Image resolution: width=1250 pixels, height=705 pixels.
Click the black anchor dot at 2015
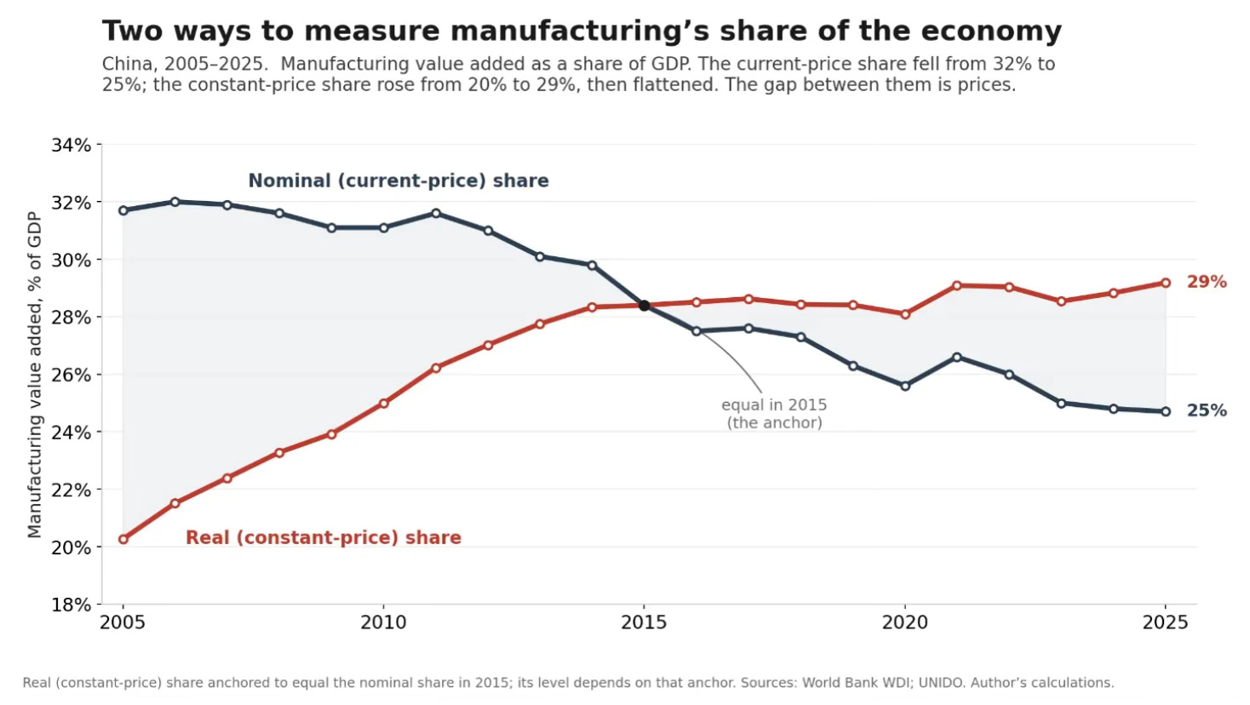click(644, 306)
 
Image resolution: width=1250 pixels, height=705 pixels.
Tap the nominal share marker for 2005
click(123, 210)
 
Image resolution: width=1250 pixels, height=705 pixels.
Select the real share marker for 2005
click(123, 539)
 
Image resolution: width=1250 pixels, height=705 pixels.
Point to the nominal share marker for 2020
click(905, 386)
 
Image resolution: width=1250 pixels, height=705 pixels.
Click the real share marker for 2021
click(957, 285)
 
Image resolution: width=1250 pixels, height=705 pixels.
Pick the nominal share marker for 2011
click(436, 213)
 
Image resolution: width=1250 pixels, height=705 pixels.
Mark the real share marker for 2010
click(383, 403)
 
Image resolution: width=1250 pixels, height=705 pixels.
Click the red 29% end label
click(1207, 282)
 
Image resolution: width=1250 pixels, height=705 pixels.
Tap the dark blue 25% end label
click(1207, 410)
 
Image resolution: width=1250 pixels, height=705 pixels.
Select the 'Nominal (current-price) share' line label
click(399, 181)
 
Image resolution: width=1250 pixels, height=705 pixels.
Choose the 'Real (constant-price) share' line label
click(324, 537)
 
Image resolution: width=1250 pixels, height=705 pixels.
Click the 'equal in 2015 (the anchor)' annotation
click(774, 414)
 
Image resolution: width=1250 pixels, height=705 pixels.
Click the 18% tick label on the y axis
click(71, 604)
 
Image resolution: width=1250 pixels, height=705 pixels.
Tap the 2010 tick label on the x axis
click(383, 622)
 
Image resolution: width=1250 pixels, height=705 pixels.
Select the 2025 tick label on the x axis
click(1165, 622)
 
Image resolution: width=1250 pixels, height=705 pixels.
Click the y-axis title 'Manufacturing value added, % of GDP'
click(35, 375)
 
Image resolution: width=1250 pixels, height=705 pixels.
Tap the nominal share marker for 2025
click(1166, 411)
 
